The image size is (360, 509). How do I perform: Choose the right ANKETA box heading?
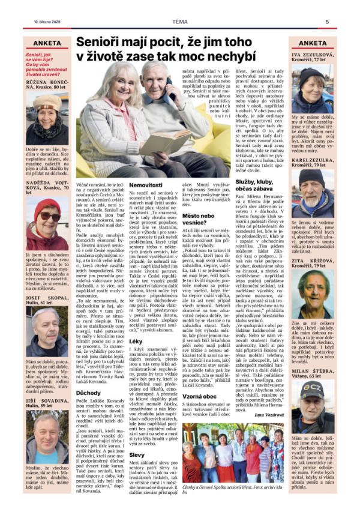coord(313,43)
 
